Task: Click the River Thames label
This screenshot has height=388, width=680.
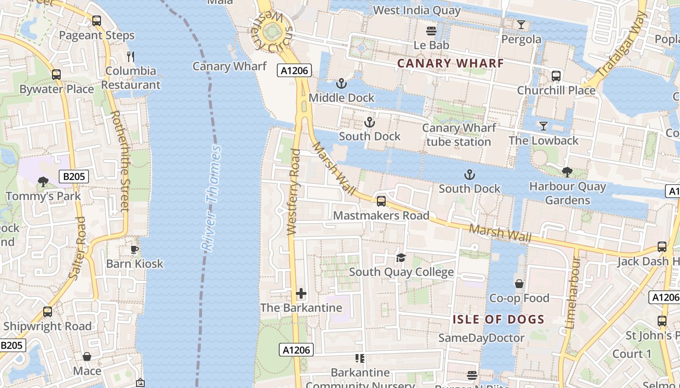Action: pyautogui.click(x=211, y=198)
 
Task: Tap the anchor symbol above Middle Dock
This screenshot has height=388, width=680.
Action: pyautogui.click(x=342, y=84)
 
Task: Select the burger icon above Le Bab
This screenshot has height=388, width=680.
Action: pyautogui.click(x=431, y=31)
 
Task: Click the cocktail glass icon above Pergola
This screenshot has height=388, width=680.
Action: pyautogui.click(x=521, y=25)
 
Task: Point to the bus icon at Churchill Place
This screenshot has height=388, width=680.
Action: pyautogui.click(x=556, y=76)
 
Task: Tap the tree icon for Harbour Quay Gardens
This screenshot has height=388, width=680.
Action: pyautogui.click(x=567, y=172)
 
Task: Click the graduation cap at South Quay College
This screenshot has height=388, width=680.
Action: pyautogui.click(x=401, y=258)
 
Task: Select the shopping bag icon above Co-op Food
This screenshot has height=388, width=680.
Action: pyautogui.click(x=519, y=284)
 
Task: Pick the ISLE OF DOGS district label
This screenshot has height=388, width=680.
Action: pyautogui.click(x=498, y=320)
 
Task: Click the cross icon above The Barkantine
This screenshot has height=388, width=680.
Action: pyautogui.click(x=301, y=293)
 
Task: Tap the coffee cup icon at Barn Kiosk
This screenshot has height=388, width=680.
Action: pyautogui.click(x=135, y=250)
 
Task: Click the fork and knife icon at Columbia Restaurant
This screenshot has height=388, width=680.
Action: pyautogui.click(x=131, y=57)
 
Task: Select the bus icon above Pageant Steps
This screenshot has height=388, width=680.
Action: pyautogui.click(x=97, y=21)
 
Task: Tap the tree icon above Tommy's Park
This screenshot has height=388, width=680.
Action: pyautogui.click(x=43, y=182)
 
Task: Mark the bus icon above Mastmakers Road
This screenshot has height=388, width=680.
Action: pyautogui.click(x=381, y=201)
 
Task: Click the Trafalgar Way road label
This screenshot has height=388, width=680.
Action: pyautogui.click(x=622, y=45)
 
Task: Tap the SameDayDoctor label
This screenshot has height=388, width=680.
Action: pyautogui.click(x=481, y=338)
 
